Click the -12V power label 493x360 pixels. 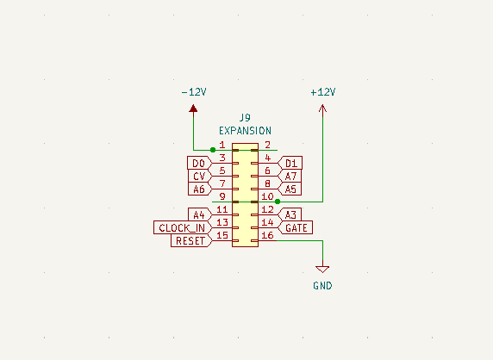point(194,92)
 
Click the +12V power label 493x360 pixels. point(323,92)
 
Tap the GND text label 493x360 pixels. point(322,286)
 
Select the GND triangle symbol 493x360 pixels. point(322,270)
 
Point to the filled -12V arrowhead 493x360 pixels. point(193,109)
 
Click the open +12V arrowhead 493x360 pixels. point(322,109)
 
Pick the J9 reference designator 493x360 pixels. point(246,118)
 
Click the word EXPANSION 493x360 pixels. point(246,131)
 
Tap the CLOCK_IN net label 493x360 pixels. point(183,227)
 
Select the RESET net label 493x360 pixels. point(191,240)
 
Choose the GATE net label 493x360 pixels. point(296,227)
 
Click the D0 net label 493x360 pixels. point(200,163)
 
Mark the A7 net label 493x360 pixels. point(290,176)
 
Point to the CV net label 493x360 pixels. point(200,176)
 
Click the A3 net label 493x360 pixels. point(290,214)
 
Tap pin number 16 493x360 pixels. point(267,235)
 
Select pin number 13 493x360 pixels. point(222,222)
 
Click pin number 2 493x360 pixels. point(267,145)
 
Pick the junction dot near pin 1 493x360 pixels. point(213,150)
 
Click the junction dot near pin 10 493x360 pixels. point(278,202)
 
